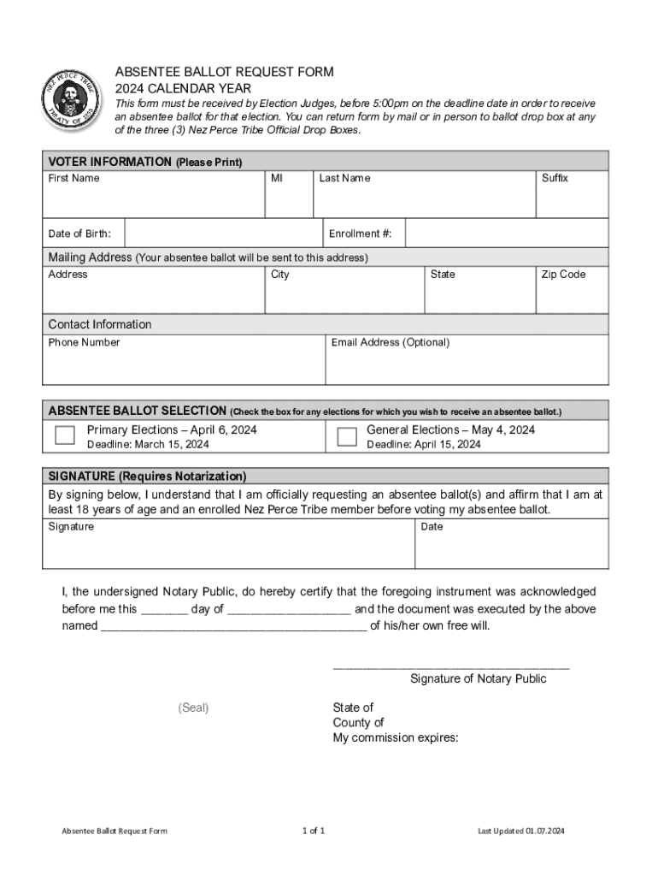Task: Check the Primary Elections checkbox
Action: [65, 435]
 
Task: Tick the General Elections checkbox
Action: [346, 436]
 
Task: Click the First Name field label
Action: [73, 178]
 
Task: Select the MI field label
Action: [278, 178]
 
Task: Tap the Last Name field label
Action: [344, 178]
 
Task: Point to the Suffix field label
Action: [555, 178]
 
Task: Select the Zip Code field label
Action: [562, 275]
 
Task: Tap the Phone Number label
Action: [84, 342]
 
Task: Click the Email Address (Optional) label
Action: [390, 342]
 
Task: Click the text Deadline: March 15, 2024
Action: [148, 445]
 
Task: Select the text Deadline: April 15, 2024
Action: [424, 445]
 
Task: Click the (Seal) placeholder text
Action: [193, 707]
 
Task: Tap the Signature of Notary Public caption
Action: [478, 678]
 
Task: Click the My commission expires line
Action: [396, 738]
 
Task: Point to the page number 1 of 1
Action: [314, 831]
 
